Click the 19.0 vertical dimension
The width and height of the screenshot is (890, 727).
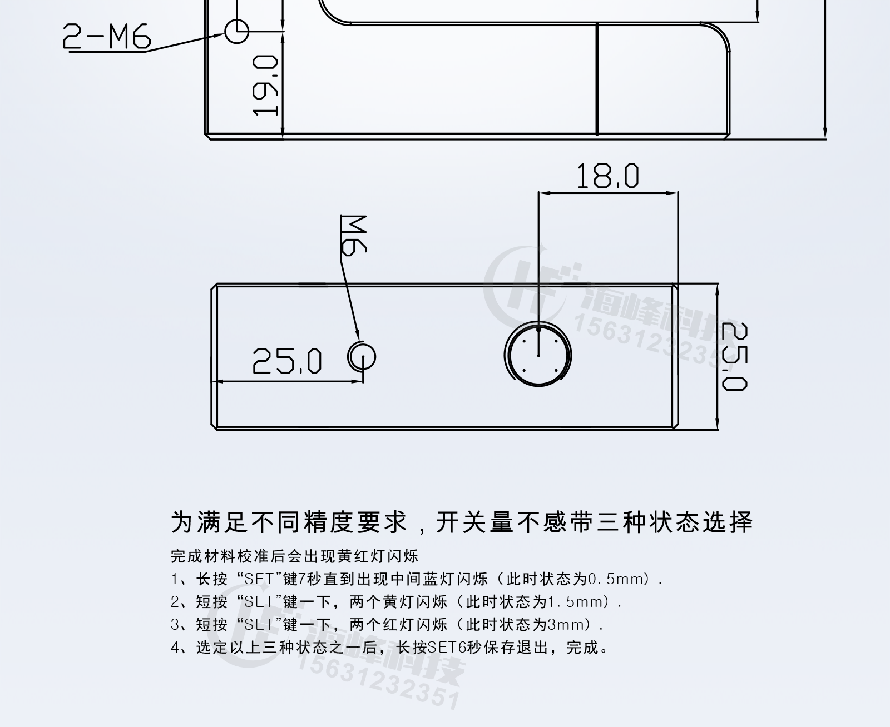coord(265,85)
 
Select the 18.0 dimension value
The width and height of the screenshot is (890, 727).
coord(607,176)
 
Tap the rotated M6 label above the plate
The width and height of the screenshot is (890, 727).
coord(353,235)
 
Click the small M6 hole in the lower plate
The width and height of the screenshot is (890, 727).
coord(363,356)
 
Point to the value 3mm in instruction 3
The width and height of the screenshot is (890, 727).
coord(568,625)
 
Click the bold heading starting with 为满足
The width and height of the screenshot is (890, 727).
coord(462,522)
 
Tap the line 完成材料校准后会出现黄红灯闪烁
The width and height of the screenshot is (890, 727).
coord(294,556)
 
